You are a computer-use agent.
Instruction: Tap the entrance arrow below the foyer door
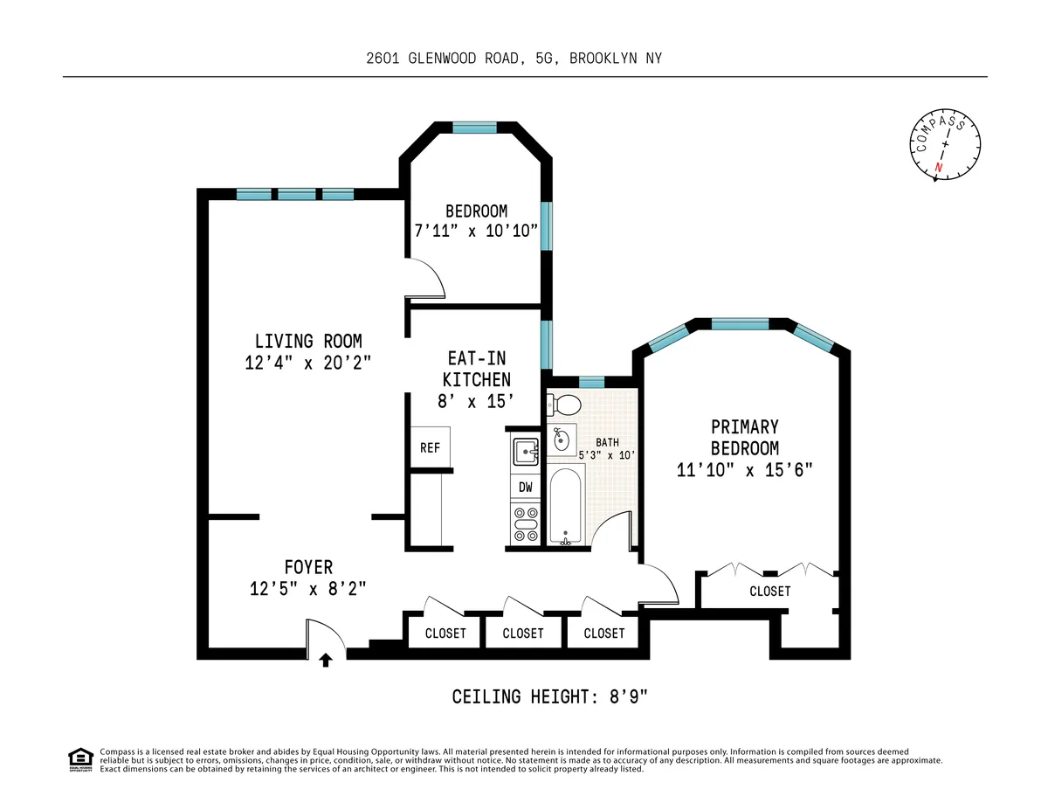tap(326, 661)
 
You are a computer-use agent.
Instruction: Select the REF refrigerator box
tap(430, 447)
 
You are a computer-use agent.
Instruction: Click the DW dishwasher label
tap(526, 487)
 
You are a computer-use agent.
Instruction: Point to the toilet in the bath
tap(563, 405)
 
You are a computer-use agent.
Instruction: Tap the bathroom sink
tap(562, 438)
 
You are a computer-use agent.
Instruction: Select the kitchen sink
tap(526, 451)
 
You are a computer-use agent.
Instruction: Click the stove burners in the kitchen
tap(526, 524)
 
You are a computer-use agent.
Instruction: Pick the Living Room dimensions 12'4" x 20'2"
tap(308, 362)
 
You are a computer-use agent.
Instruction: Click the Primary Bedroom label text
tap(744, 437)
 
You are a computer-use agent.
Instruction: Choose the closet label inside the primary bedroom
tap(769, 592)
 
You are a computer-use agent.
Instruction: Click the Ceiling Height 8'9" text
tap(550, 697)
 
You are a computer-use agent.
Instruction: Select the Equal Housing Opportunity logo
tap(80, 759)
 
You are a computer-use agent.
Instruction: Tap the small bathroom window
tap(592, 381)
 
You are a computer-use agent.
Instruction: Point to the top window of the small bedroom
tap(474, 128)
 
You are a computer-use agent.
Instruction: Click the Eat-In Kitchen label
tap(476, 369)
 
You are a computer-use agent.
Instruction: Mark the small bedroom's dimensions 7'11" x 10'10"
tap(475, 231)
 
